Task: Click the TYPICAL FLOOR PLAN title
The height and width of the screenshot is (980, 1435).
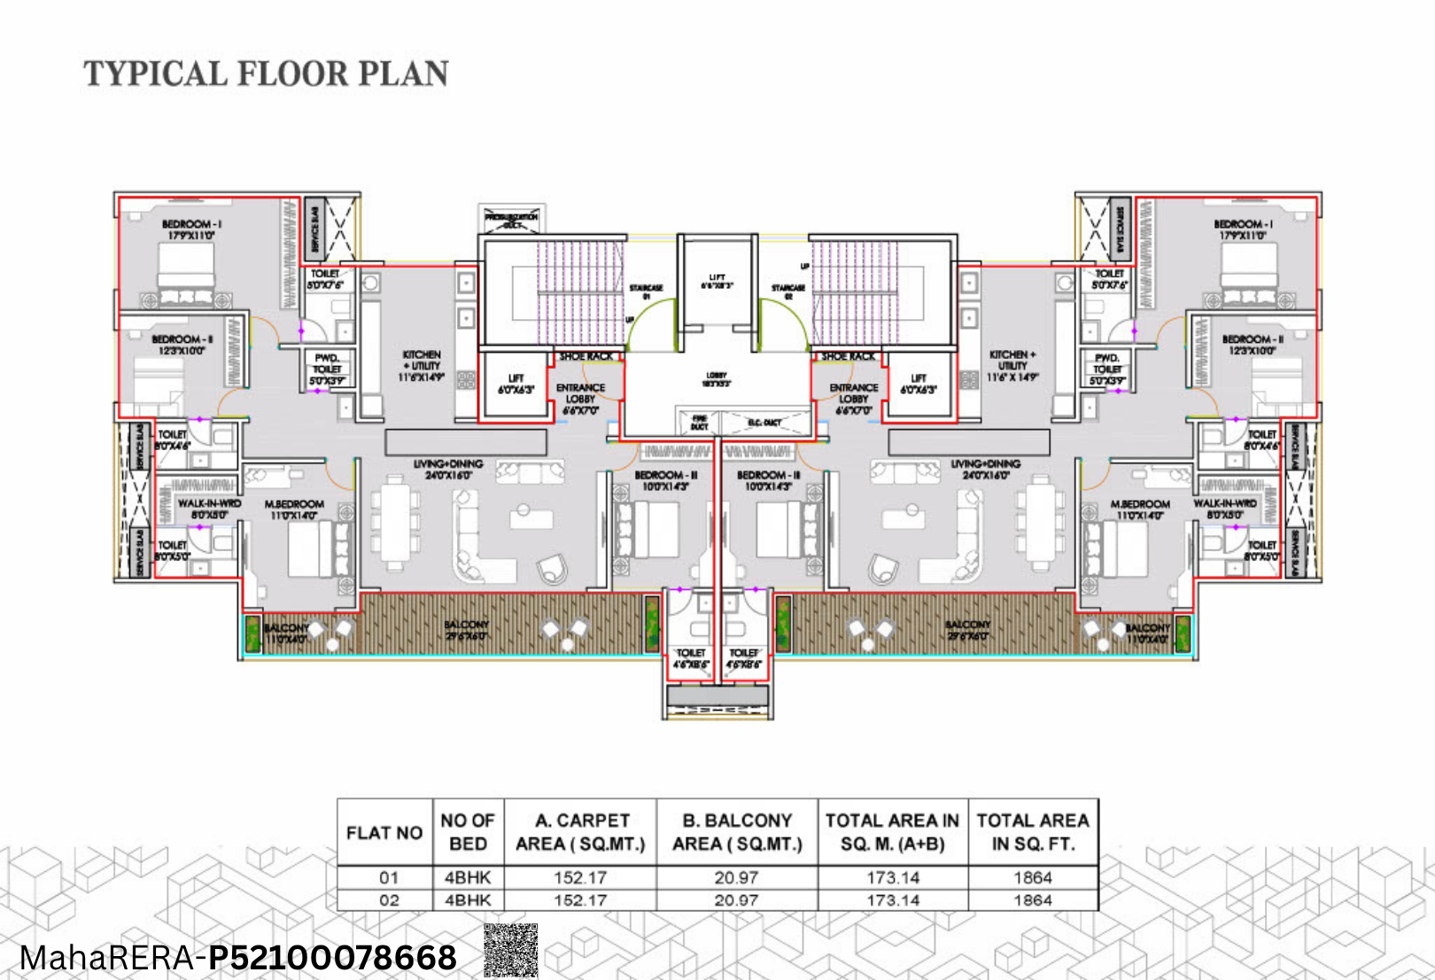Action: pos(266,74)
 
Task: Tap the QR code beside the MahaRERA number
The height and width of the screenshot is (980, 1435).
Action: pos(511,951)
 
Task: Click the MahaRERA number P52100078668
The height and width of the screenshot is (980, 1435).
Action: pos(332,958)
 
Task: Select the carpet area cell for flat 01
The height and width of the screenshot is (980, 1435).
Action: pos(580,877)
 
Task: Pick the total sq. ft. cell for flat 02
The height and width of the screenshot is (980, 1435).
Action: pos(1033,900)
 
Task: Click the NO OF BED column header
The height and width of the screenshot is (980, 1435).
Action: pos(468,832)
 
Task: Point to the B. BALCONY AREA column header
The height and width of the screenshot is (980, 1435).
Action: pos(737,832)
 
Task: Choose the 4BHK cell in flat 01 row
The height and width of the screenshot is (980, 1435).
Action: pos(468,877)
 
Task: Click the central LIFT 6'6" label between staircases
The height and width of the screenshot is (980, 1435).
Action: pos(717,282)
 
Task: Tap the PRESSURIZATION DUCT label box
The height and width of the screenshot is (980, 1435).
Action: pos(511,220)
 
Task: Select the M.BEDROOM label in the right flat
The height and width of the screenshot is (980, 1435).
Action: pos(1140,509)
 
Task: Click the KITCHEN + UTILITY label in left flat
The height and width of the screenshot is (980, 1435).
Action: pos(422,365)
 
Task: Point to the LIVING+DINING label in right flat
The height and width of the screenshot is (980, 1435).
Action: pos(985,469)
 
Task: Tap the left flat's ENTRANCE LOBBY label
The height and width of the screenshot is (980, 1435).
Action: pos(580,399)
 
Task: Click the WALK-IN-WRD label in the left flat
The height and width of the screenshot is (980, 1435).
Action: pos(209,509)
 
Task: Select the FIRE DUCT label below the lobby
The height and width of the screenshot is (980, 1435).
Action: pos(699,423)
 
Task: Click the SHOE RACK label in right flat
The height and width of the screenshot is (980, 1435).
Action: pos(848,356)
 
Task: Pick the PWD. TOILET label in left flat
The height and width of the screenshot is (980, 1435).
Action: pos(327,369)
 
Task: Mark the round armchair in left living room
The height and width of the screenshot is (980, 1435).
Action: pos(553,567)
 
